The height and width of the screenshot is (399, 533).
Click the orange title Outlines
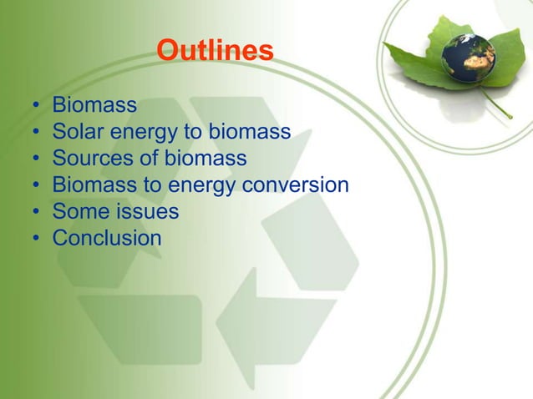pos(215,52)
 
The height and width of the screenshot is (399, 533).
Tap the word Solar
pos(77,132)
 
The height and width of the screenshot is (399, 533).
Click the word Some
pos(78,211)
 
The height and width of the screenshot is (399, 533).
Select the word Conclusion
pos(107,238)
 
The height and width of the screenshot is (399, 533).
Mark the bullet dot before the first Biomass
pos(37,107)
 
